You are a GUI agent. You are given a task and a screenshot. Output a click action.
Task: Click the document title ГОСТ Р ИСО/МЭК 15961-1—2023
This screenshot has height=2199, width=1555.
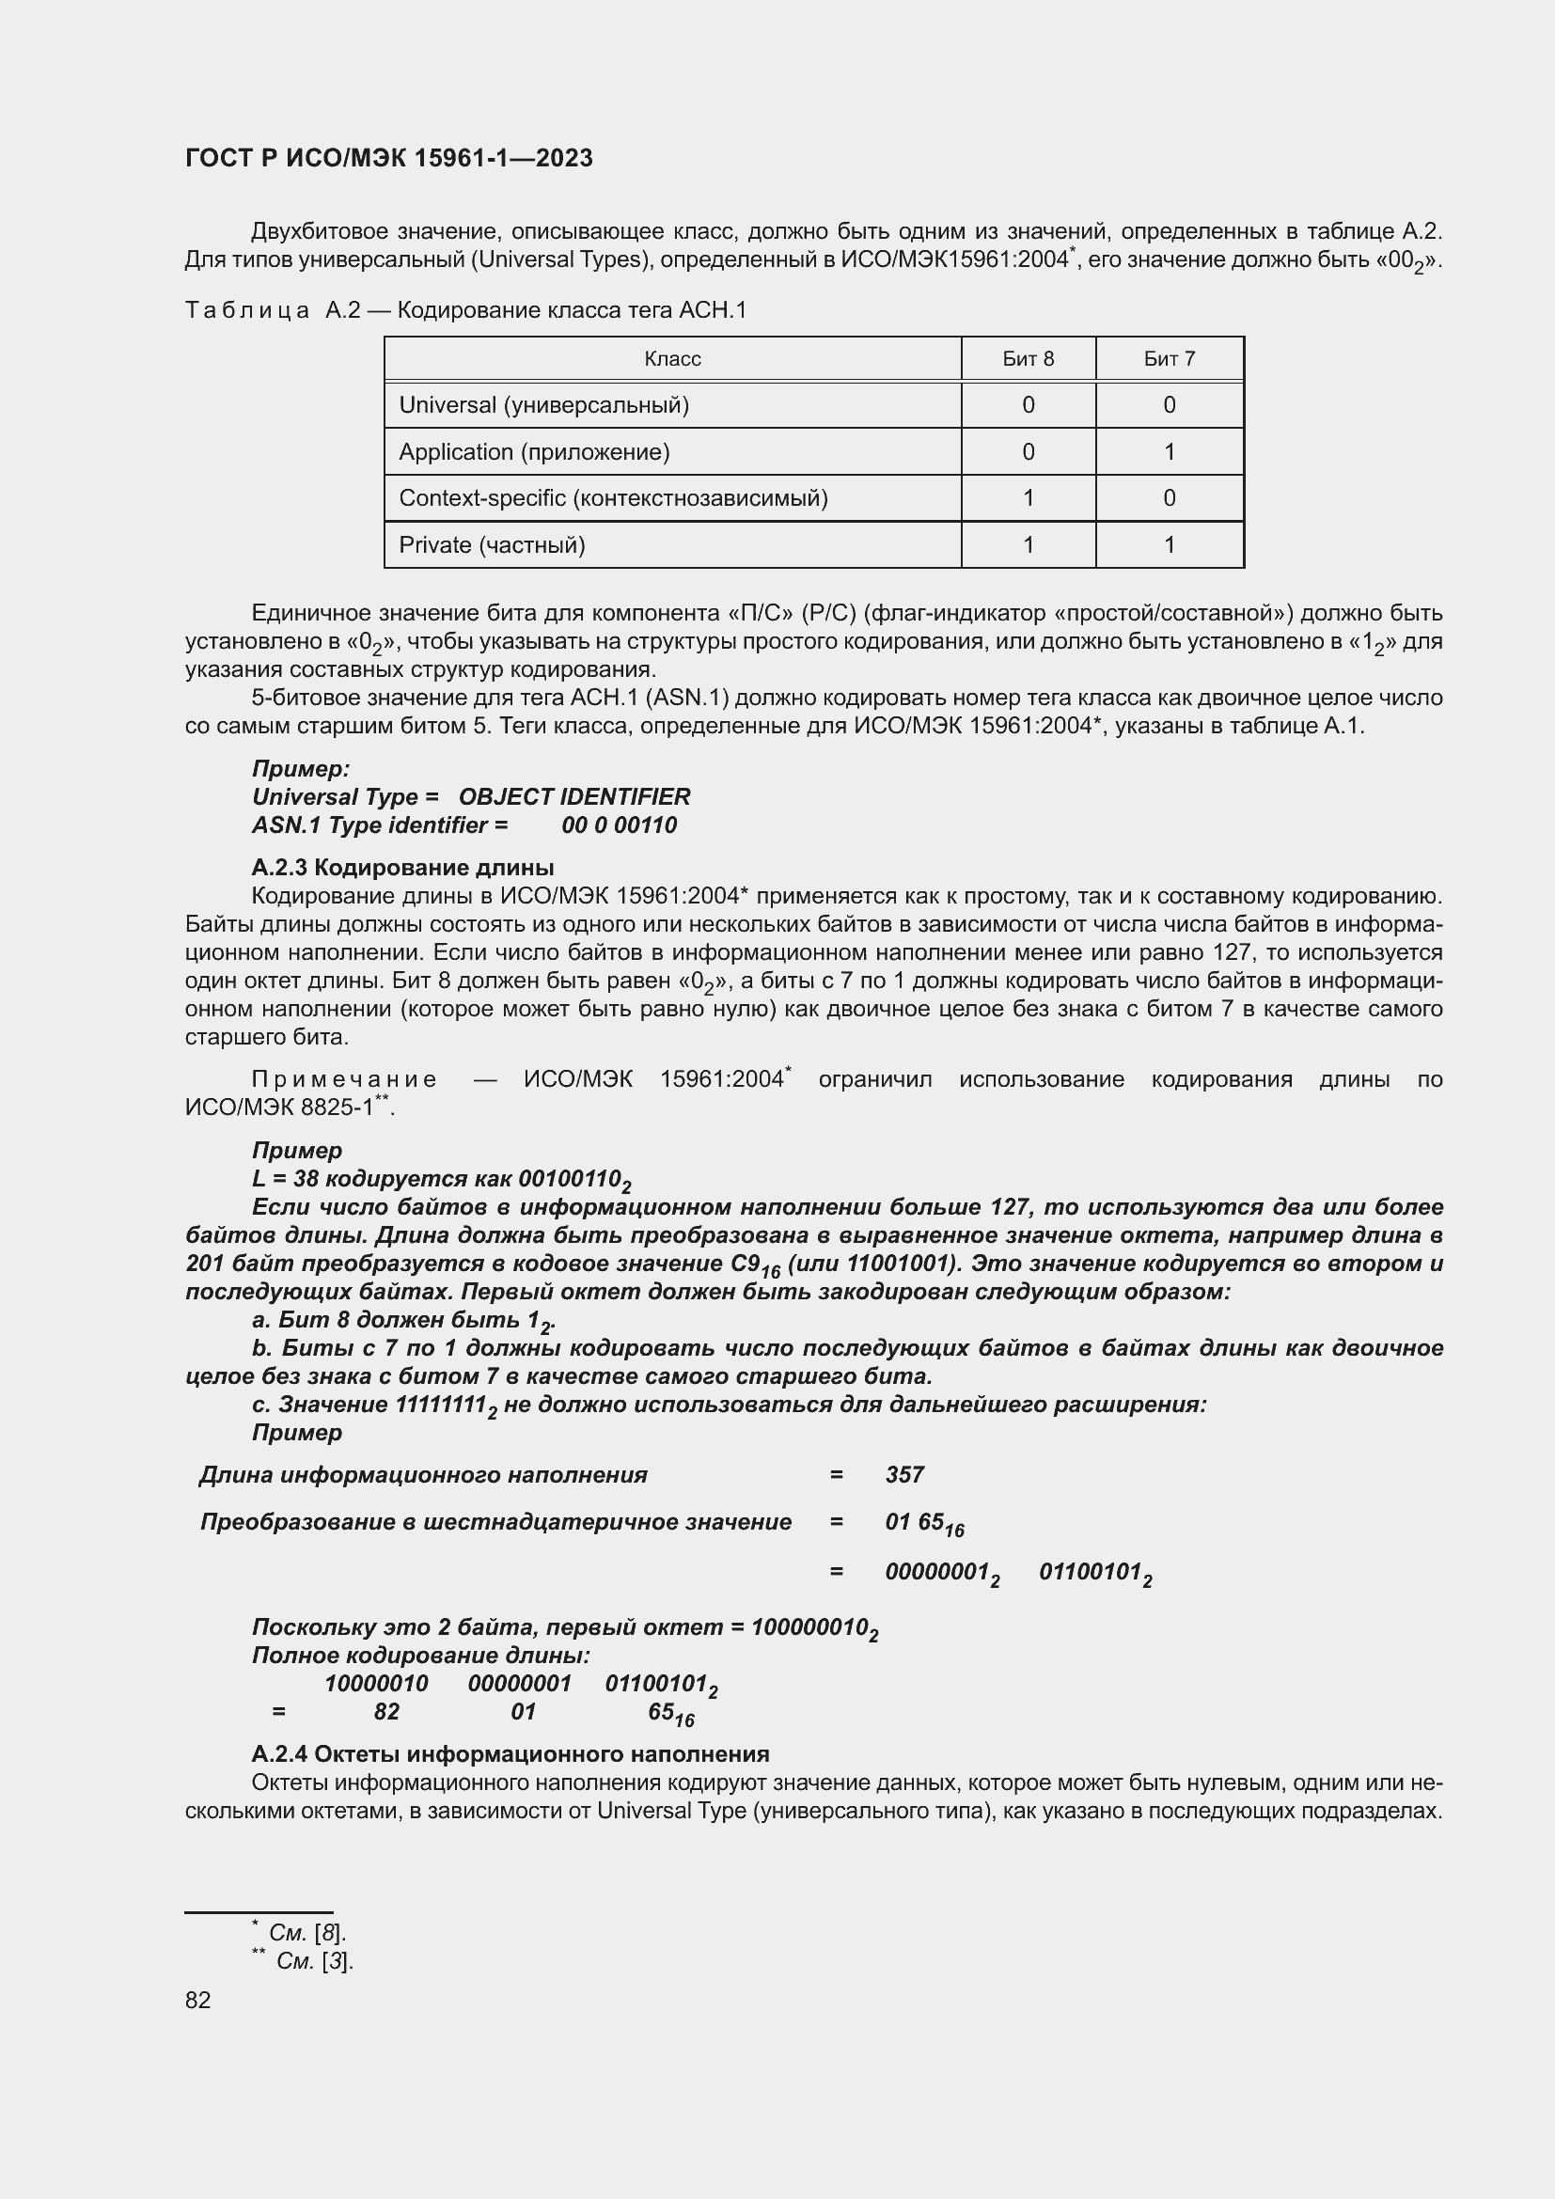pyautogui.click(x=389, y=158)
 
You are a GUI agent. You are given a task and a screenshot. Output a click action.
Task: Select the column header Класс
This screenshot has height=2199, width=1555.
pyautogui.click(x=672, y=359)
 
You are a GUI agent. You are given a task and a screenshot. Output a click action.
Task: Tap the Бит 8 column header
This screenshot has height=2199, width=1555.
pyautogui.click(x=1028, y=359)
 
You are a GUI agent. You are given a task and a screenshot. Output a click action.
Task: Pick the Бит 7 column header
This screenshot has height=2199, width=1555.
pyautogui.click(x=1169, y=359)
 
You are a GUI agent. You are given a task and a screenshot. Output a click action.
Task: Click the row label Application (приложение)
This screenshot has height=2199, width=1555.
pyautogui.click(x=534, y=452)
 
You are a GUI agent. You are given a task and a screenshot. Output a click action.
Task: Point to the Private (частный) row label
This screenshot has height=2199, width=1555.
pyautogui.click(x=492, y=545)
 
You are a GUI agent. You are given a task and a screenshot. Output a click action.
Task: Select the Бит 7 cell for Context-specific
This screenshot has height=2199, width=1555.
pyautogui.click(x=1169, y=498)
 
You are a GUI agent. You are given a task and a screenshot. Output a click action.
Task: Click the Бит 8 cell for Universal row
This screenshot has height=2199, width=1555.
pyautogui.click(x=1028, y=405)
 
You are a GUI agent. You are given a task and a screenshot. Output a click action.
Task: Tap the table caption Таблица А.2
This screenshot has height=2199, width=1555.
pyautogui.click(x=273, y=310)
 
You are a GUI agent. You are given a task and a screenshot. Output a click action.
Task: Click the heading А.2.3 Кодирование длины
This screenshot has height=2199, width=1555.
pyautogui.click(x=402, y=868)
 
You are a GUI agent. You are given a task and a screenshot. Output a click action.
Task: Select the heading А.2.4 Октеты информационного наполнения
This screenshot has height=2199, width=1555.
pyautogui.click(x=510, y=1753)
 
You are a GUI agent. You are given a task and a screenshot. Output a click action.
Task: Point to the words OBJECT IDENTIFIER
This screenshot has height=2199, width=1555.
pyautogui.click(x=574, y=797)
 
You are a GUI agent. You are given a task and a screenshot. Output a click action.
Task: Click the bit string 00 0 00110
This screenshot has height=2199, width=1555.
pyautogui.click(x=619, y=825)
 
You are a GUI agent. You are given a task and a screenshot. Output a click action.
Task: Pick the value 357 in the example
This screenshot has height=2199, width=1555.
pyautogui.click(x=903, y=1475)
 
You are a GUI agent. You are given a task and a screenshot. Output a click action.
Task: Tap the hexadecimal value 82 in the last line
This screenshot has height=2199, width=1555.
pyautogui.click(x=385, y=1711)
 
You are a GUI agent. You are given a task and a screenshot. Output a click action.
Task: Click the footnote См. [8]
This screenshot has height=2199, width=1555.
pyautogui.click(x=306, y=1932)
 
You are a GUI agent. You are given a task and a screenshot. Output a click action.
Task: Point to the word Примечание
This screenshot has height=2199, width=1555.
pyautogui.click(x=344, y=1079)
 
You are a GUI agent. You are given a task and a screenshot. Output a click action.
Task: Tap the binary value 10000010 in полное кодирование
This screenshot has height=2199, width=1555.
pyautogui.click(x=376, y=1684)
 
